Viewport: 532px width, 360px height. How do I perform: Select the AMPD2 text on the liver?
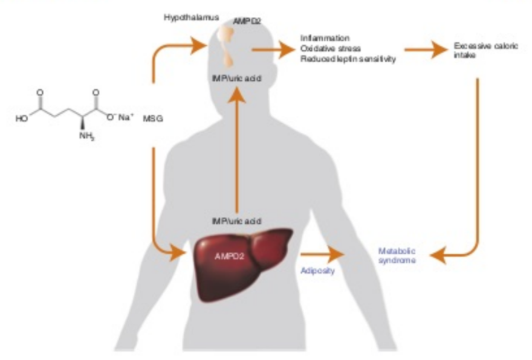pyautogui.click(x=229, y=256)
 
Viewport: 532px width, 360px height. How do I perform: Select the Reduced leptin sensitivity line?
pyautogui.click(x=348, y=59)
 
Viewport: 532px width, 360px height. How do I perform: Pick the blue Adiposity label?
pyautogui.click(x=317, y=270)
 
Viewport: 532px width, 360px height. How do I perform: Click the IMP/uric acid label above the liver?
pyautogui.click(x=236, y=221)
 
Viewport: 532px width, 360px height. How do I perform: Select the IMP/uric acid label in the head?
pyautogui.click(x=237, y=79)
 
